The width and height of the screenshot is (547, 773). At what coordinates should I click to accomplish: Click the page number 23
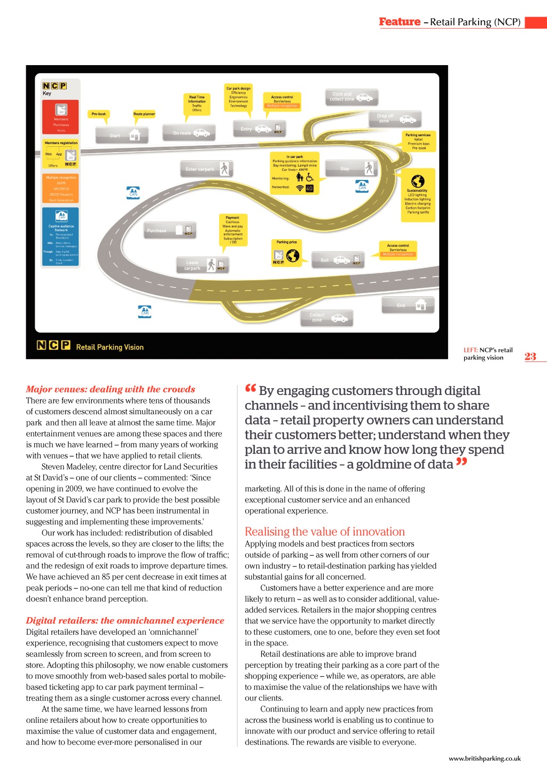point(530,357)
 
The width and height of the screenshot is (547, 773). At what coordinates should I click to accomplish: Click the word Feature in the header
point(400,22)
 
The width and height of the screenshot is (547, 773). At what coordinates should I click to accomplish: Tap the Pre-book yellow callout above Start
point(99,114)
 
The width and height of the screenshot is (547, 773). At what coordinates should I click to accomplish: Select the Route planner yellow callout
point(144,114)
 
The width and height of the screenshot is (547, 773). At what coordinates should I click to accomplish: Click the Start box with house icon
point(118,136)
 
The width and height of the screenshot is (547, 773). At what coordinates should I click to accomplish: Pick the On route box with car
point(189,133)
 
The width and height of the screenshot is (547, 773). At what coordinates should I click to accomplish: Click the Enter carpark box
point(206,169)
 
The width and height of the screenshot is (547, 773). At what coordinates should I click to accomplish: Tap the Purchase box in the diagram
point(169,231)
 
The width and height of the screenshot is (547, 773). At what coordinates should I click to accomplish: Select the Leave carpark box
point(202,265)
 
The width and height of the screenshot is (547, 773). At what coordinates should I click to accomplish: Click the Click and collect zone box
point(351,97)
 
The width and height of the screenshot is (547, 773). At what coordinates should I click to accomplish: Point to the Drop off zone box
point(395,119)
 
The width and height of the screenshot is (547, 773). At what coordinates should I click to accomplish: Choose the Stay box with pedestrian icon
point(351,169)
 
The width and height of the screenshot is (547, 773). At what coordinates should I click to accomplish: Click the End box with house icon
point(408,305)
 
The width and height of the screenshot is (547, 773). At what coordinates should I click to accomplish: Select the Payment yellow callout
point(233,230)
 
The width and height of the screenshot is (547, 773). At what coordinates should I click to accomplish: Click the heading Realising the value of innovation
point(325,532)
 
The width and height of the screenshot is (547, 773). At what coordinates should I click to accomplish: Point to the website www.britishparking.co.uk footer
point(485,759)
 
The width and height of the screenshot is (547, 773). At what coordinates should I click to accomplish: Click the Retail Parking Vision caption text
point(110,347)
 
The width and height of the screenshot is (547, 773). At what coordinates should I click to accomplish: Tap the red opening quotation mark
point(251,389)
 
